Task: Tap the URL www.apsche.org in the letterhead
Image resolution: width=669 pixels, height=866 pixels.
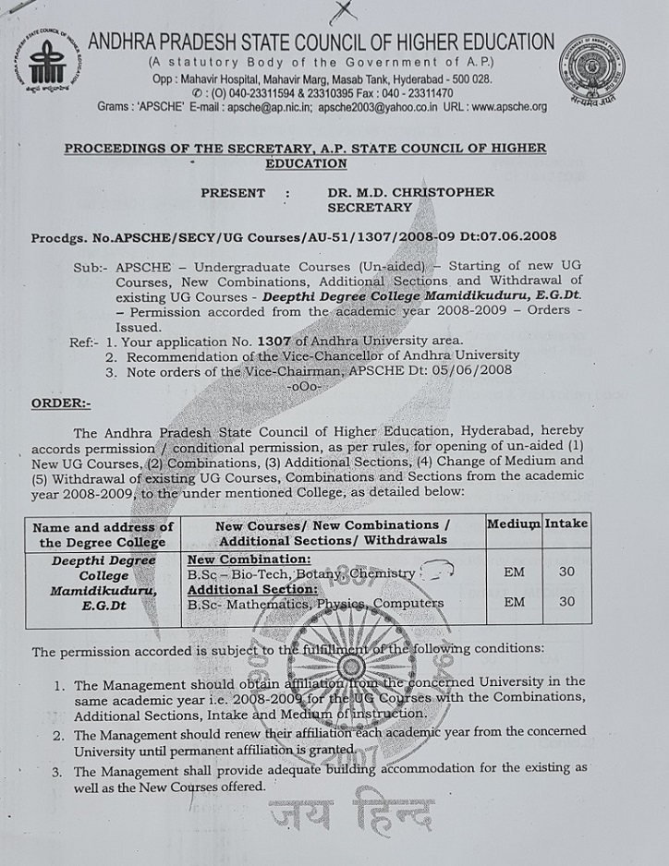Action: (x=495, y=107)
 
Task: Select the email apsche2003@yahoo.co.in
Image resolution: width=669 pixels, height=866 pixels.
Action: (x=370, y=107)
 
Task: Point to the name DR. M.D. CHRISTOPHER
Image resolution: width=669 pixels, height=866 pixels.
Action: (x=411, y=193)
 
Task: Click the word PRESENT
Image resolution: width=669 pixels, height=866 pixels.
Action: (x=233, y=193)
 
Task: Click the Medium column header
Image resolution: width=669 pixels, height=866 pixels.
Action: (x=513, y=523)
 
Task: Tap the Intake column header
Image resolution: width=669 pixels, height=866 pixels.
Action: (x=566, y=523)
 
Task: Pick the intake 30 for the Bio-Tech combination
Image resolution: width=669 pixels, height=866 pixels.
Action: (x=566, y=571)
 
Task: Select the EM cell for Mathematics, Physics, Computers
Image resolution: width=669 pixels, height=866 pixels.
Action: (x=514, y=602)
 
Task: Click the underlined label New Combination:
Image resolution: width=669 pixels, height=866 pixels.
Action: (x=249, y=559)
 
